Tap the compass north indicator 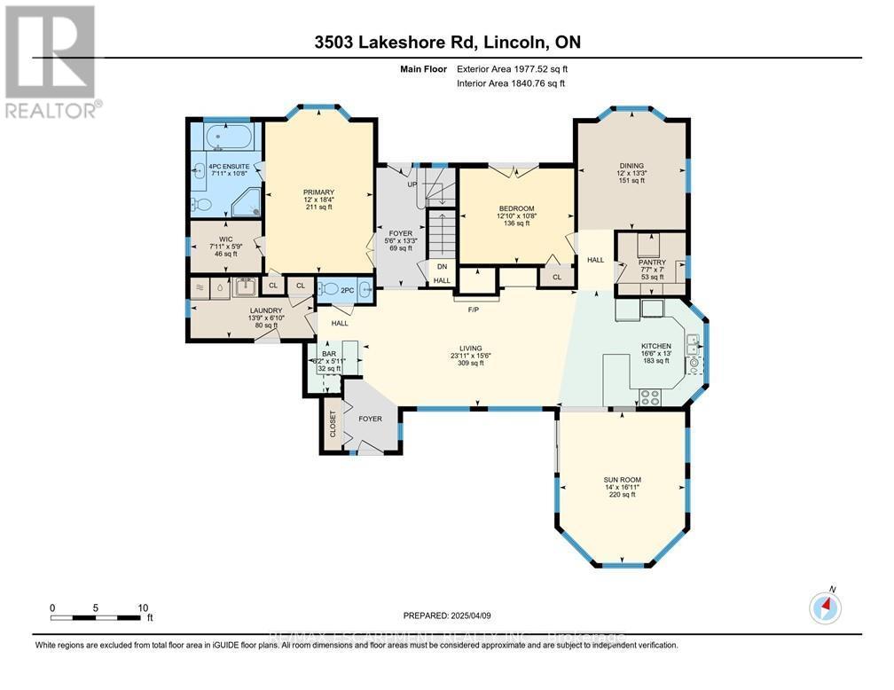coord(825,608)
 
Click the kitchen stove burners coord(651,397)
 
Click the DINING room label coord(631,164)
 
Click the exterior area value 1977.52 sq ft coord(510,68)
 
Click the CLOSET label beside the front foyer coord(333,424)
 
